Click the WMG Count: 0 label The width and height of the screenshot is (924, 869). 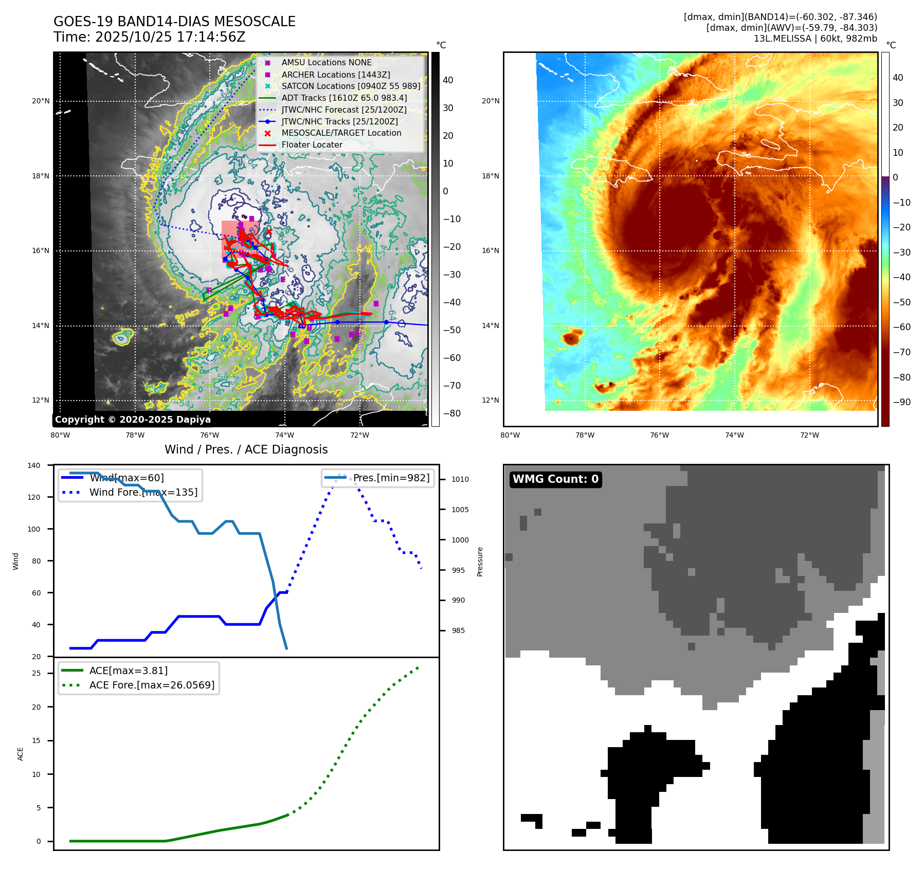pyautogui.click(x=555, y=479)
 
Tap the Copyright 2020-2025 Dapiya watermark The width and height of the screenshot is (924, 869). pyautogui.click(x=133, y=420)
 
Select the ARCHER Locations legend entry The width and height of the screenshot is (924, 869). pyautogui.click(x=335, y=75)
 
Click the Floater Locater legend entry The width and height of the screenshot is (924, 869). pyautogui.click(x=312, y=145)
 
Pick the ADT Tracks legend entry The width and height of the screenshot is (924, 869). pyautogui.click(x=344, y=98)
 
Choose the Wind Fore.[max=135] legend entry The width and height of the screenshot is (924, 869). pyautogui.click(x=143, y=492)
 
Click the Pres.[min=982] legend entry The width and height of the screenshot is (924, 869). pyautogui.click(x=391, y=478)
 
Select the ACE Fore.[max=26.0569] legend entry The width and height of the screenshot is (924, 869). pyautogui.click(x=152, y=685)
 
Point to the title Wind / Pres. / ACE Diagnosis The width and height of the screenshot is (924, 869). pyautogui.click(x=246, y=449)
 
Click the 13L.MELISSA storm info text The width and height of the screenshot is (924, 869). pyautogui.click(x=815, y=39)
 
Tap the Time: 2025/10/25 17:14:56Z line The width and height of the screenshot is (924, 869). pyautogui.click(x=149, y=37)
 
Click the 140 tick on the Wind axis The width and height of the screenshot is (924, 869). pyautogui.click(x=34, y=465)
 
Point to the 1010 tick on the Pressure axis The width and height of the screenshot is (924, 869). pyautogui.click(x=460, y=479)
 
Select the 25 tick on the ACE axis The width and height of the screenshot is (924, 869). pyautogui.click(x=36, y=673)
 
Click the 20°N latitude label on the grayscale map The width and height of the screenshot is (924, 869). pyautogui.click(x=41, y=101)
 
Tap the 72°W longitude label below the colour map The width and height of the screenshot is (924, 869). pyautogui.click(x=809, y=435)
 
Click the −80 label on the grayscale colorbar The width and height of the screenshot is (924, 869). pyautogui.click(x=452, y=413)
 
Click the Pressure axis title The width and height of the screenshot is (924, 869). pyautogui.click(x=480, y=562)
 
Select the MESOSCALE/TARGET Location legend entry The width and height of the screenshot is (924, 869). pyautogui.click(x=341, y=133)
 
